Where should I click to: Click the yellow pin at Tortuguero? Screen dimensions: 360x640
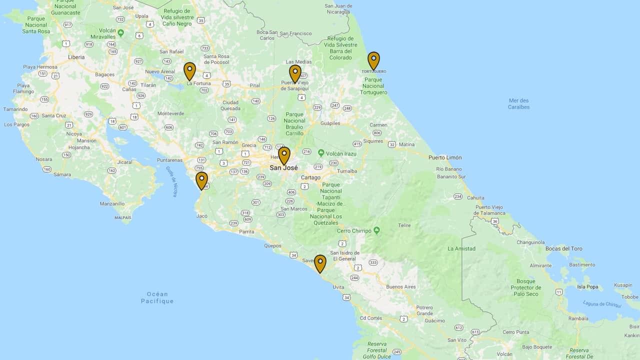[373, 60]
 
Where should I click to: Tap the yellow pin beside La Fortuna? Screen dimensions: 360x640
[189, 70]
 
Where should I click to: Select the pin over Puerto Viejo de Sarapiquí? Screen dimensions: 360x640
[295, 73]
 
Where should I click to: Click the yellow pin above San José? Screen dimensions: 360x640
[284, 155]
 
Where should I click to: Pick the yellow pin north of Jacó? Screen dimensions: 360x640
[201, 180]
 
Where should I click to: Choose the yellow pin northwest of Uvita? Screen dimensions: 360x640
[320, 263]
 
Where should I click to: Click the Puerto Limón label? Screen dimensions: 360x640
[445, 157]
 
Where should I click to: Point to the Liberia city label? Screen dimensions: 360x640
[76, 57]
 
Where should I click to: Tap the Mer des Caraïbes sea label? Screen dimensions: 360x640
[518, 103]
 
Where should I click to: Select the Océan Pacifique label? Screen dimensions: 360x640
[157, 297]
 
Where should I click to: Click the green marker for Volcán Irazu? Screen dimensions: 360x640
[321, 153]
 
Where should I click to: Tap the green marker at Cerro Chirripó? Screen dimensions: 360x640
[376, 230]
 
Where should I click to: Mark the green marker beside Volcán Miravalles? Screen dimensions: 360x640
[120, 33]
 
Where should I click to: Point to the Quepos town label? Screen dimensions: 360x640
[272, 245]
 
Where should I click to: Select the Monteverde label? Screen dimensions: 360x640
[170, 113]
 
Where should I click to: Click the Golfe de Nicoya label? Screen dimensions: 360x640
[171, 181]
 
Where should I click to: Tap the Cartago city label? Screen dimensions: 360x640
[310, 177]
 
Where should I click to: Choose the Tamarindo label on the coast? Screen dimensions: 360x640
[15, 109]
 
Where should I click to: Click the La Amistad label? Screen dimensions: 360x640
[461, 248]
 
